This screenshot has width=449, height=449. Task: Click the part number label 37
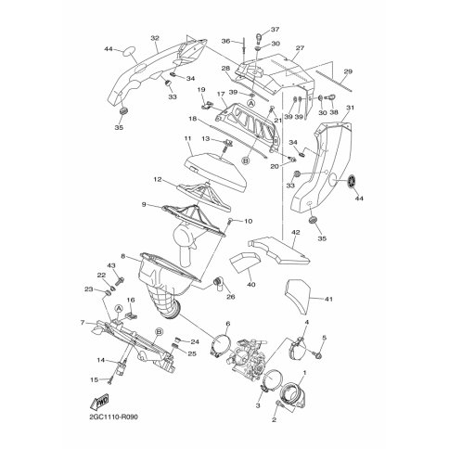tap(275, 30)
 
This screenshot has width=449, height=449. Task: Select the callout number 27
tap(300, 48)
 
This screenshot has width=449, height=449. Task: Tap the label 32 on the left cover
tap(155, 38)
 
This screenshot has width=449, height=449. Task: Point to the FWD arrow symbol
tap(99, 402)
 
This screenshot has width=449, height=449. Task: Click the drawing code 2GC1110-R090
tap(113, 417)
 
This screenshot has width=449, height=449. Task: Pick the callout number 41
tap(328, 299)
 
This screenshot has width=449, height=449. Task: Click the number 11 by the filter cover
tap(187, 138)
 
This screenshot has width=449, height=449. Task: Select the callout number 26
tap(231, 297)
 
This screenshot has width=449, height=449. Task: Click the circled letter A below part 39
tap(251, 103)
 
